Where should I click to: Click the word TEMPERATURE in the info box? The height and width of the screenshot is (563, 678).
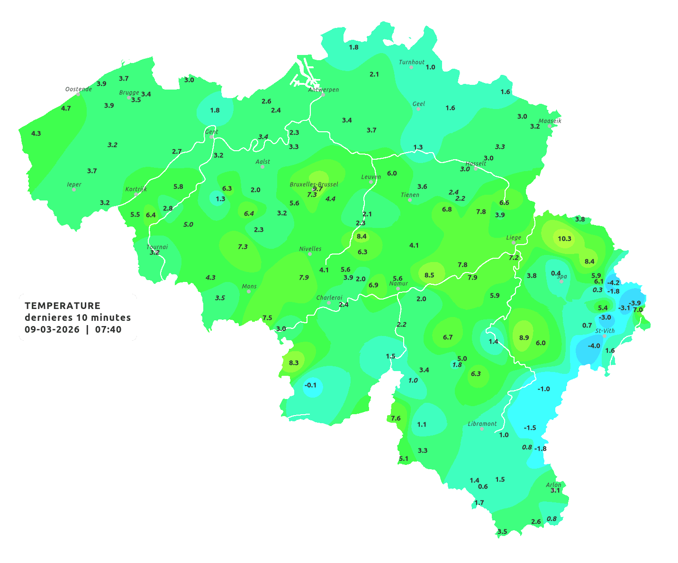63,306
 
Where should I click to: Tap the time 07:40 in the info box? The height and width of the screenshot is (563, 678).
108,329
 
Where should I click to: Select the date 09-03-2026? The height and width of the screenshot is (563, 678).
52,329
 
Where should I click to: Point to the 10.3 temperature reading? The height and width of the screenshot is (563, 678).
564,238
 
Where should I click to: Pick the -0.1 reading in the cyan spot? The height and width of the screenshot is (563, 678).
310,385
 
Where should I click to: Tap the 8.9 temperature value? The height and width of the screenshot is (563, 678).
524,337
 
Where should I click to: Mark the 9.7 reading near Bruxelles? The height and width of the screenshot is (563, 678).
317,189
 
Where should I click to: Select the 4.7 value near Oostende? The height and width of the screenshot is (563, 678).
66,108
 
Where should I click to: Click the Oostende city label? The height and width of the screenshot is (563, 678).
78,89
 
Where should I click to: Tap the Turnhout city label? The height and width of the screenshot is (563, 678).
412,62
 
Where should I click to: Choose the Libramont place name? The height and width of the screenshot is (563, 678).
482,424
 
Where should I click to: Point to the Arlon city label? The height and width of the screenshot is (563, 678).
553,485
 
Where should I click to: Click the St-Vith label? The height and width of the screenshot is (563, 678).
605,331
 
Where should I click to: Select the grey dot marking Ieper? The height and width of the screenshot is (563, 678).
74,189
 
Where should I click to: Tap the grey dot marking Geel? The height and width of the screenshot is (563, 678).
418,109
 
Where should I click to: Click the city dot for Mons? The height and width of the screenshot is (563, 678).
249,291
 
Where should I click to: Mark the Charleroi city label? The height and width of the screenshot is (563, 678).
329,298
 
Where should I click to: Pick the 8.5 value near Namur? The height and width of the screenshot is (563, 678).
429,275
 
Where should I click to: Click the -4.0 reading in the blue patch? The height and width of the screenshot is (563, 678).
594,345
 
